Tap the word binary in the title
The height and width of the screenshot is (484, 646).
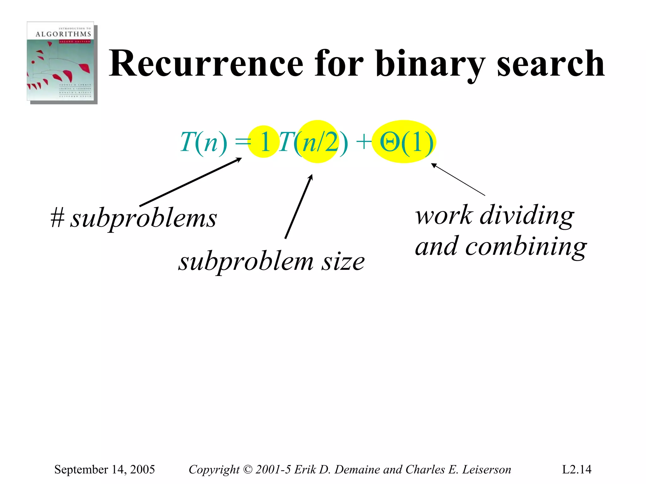pos(430,64)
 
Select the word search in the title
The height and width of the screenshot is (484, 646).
pos(550,64)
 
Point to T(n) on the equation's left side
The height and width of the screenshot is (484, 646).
pos(203,142)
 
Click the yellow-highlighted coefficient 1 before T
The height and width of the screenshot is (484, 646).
pos(264,142)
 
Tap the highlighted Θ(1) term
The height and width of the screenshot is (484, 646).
pos(406,142)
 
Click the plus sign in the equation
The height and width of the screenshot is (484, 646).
pos(363,141)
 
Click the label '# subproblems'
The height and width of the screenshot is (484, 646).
pos(134,218)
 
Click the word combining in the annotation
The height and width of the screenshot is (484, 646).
pos(526,247)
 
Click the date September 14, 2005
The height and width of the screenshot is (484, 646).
pos(104,469)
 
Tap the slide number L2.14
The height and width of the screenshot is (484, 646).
pos(576,469)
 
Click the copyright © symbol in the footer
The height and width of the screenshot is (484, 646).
pos(248,469)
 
